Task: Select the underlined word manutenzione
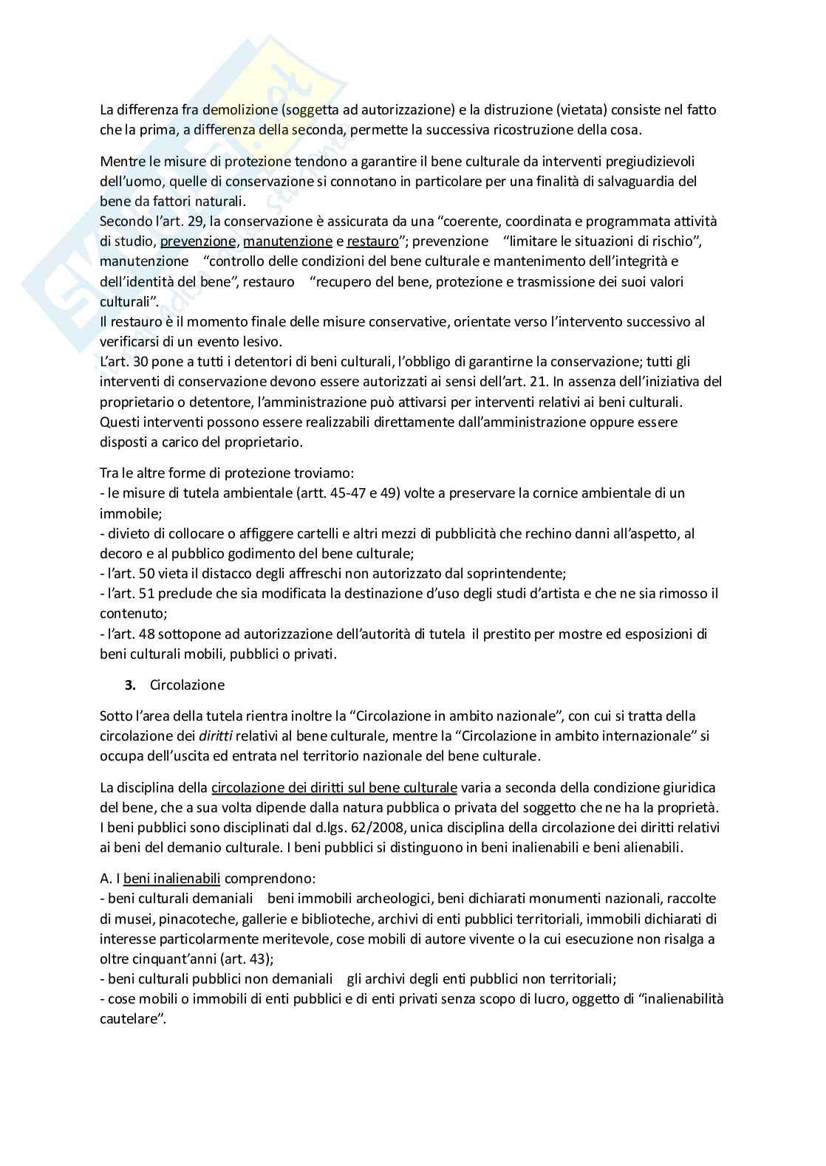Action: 287,241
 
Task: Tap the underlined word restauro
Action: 372,241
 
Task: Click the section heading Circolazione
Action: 187,685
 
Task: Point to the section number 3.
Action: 130,685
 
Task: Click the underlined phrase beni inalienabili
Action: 172,879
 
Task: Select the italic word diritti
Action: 217,735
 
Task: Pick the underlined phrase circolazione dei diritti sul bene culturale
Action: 334,787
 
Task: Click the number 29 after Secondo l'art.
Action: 196,222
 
